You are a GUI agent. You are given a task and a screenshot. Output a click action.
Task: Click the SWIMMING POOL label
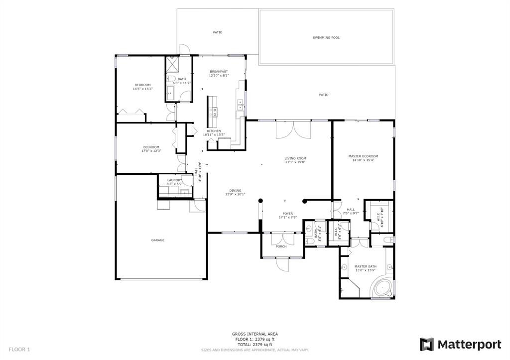click(x=326, y=37)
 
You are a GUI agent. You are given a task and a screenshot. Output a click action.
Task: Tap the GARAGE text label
click(x=158, y=240)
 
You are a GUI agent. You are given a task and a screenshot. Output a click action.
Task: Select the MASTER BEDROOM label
click(x=363, y=156)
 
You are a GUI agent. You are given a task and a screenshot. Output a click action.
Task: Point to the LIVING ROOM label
click(x=295, y=158)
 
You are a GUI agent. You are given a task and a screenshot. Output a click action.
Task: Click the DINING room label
click(x=235, y=190)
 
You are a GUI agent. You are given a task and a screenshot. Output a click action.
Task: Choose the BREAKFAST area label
click(x=219, y=71)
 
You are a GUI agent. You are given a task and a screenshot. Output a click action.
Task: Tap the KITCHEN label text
click(x=214, y=131)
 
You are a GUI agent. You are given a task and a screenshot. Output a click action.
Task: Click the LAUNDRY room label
click(x=174, y=180)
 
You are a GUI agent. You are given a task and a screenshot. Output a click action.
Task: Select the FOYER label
click(x=288, y=213)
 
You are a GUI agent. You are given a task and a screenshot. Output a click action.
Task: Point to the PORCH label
click(x=281, y=246)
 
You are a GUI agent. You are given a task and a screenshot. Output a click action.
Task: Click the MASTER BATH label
click(x=365, y=266)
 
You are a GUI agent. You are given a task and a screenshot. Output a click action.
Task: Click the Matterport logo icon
click(x=426, y=344)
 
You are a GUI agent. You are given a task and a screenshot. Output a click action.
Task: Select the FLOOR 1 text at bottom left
click(x=19, y=350)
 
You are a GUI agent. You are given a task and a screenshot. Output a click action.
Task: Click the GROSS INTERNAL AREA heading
click(x=255, y=334)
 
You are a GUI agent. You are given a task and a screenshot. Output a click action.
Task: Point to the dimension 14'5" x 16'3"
click(x=143, y=89)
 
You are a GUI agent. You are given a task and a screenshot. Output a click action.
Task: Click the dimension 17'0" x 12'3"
click(x=151, y=151)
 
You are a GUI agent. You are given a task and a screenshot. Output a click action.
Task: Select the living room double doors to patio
click(x=293, y=130)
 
